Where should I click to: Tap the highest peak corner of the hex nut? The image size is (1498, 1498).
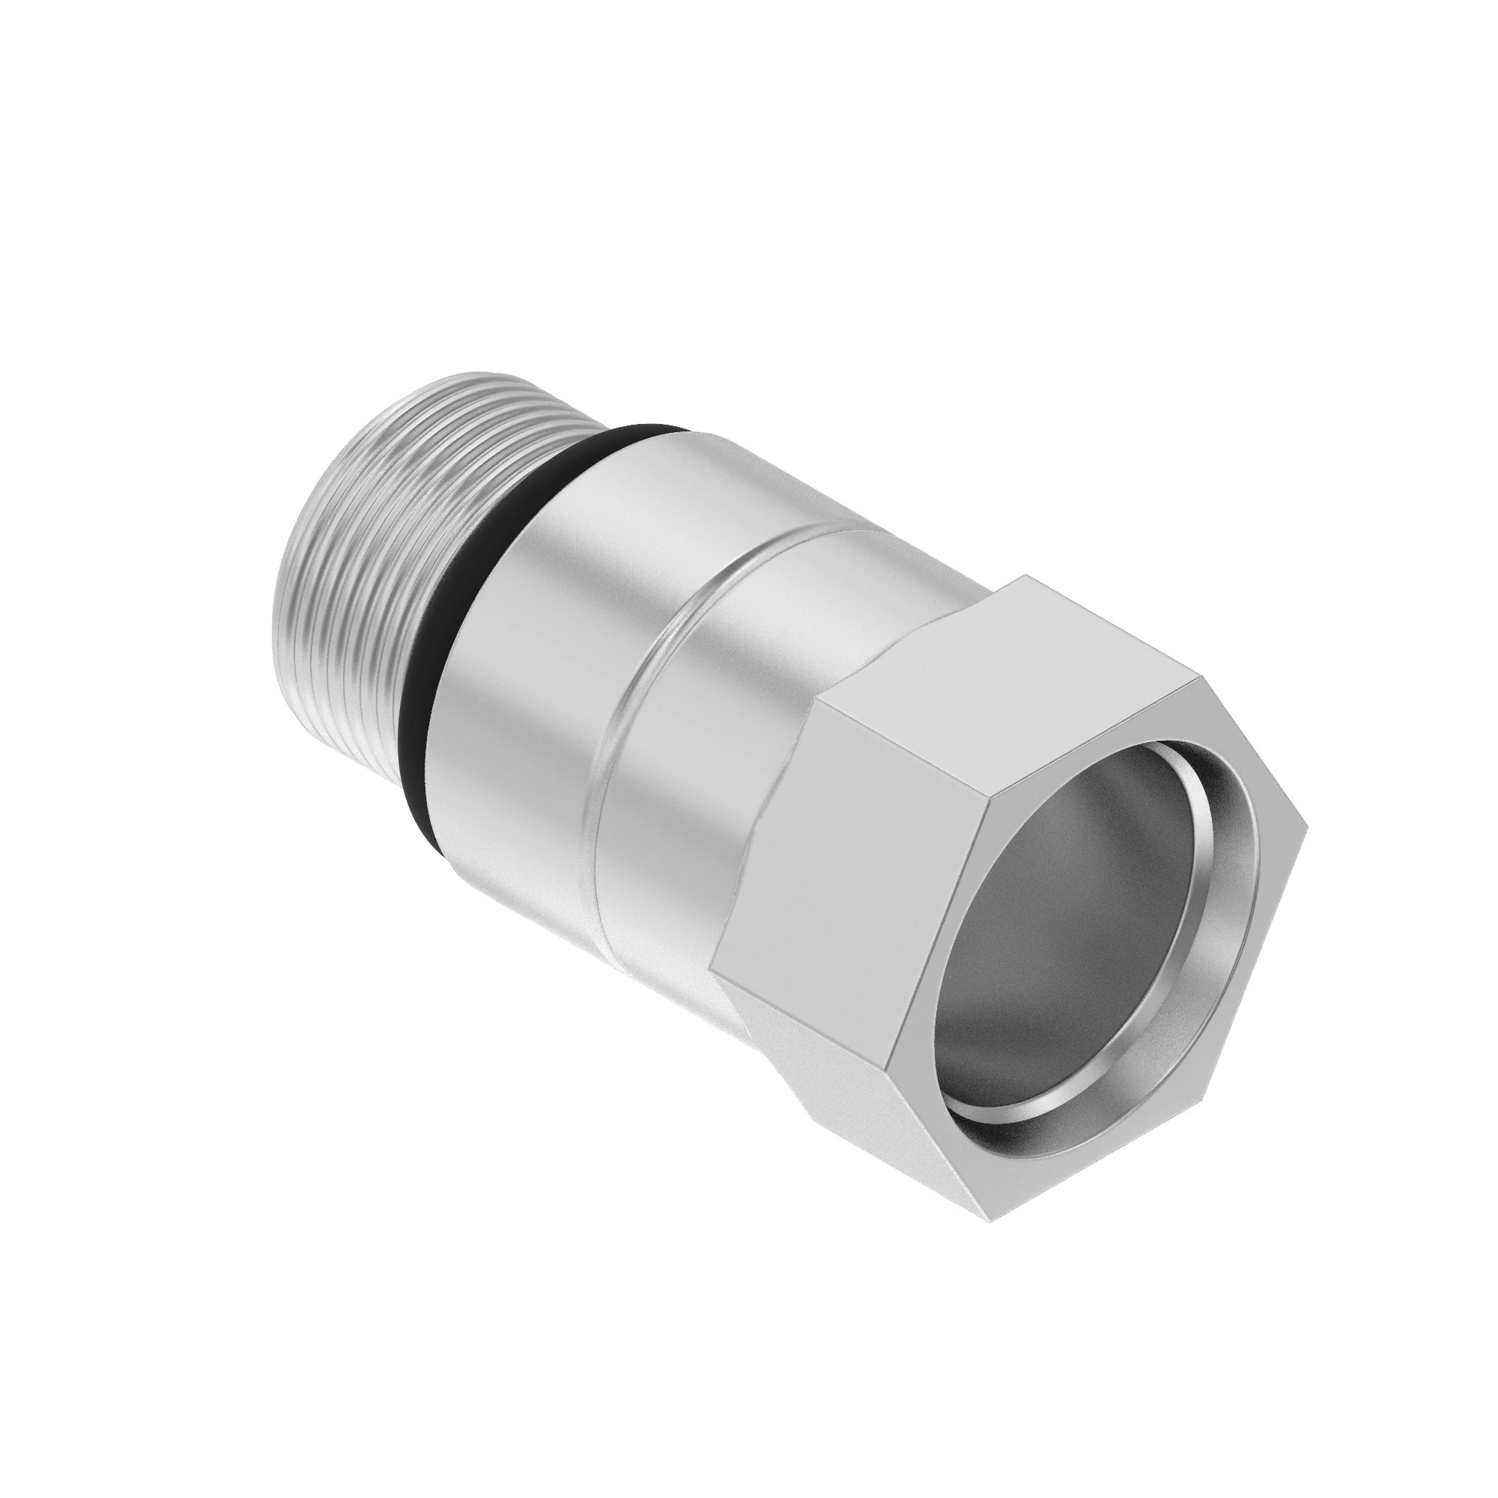click(1025, 575)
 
